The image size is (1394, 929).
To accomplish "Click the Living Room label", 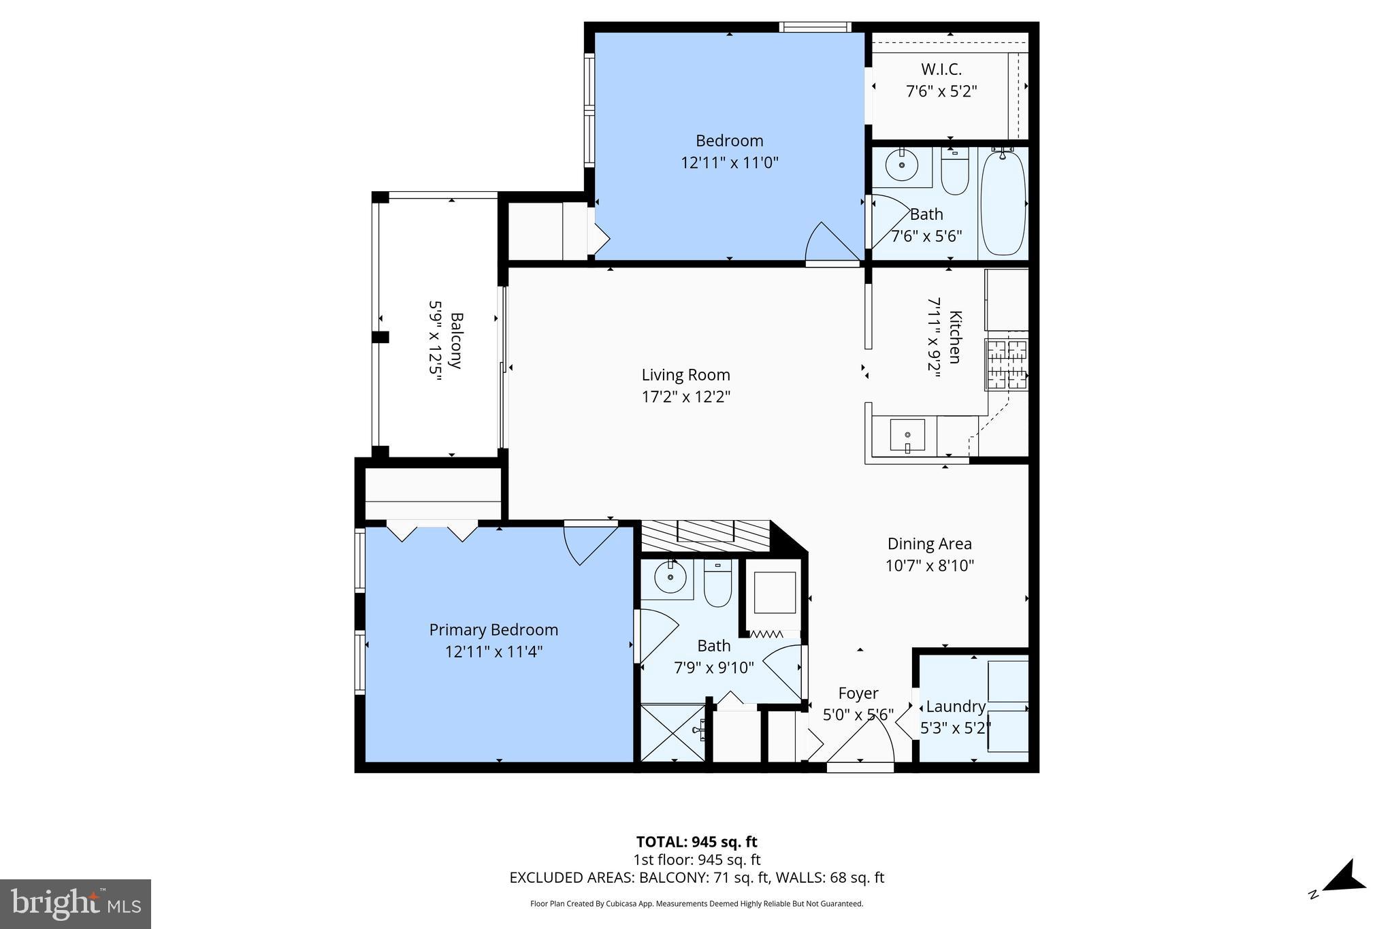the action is coord(685,375).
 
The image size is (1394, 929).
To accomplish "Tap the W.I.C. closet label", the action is coord(941,69).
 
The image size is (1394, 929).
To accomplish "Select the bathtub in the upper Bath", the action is coord(1003,203).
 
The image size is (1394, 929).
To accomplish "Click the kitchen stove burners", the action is coord(1006,365).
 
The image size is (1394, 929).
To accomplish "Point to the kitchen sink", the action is coord(907,436).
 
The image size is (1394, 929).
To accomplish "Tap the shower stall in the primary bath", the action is coord(673,733).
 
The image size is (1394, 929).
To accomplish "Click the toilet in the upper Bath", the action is coord(955,172).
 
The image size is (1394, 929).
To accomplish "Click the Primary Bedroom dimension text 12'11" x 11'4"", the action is coord(493,652).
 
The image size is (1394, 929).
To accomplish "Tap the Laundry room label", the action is coord(956,706).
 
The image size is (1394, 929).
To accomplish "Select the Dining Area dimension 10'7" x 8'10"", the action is coord(930,566).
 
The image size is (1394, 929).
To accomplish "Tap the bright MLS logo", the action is coord(76,904).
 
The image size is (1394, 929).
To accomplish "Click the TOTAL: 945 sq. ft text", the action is coord(696,842).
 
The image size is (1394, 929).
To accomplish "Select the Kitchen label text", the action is coord(955,338).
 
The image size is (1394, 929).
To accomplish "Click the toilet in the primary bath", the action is coord(717,583).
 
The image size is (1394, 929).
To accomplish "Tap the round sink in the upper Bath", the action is coord(903,165).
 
